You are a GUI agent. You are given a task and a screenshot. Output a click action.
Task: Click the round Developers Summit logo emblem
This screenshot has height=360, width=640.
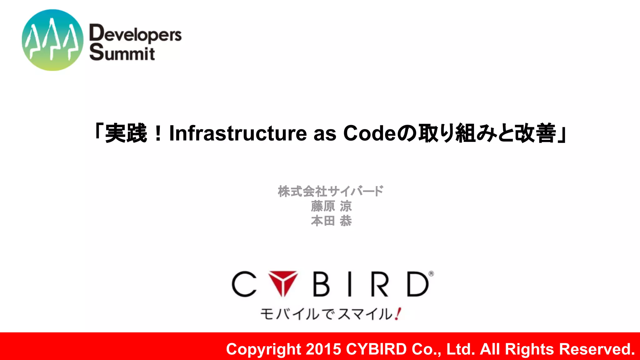click(52, 40)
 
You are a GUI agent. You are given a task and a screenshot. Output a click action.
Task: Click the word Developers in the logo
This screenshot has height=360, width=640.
click(135, 34)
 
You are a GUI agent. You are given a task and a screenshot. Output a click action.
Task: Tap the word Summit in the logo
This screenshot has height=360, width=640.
click(122, 52)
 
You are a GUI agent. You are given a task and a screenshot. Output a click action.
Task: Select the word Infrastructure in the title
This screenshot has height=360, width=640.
click(238, 133)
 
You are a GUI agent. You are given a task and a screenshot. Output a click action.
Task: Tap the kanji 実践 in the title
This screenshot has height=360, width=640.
click(126, 133)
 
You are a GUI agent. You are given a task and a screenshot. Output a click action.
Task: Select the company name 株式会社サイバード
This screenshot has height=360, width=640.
click(331, 191)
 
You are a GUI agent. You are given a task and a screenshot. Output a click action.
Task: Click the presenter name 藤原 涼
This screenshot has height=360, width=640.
click(331, 206)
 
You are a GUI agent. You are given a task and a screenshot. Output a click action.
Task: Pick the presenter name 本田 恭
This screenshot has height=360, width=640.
click(331, 221)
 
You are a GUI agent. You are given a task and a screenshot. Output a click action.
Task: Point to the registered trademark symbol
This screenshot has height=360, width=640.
click(431, 274)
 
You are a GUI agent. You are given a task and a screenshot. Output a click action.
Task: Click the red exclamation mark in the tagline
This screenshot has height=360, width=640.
click(398, 314)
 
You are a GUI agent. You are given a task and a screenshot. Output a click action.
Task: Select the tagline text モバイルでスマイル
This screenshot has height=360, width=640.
click(326, 314)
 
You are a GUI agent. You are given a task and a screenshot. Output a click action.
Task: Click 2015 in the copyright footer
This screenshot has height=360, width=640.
click(323, 349)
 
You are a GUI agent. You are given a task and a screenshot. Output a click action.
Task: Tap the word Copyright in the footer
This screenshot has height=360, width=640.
click(263, 349)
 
